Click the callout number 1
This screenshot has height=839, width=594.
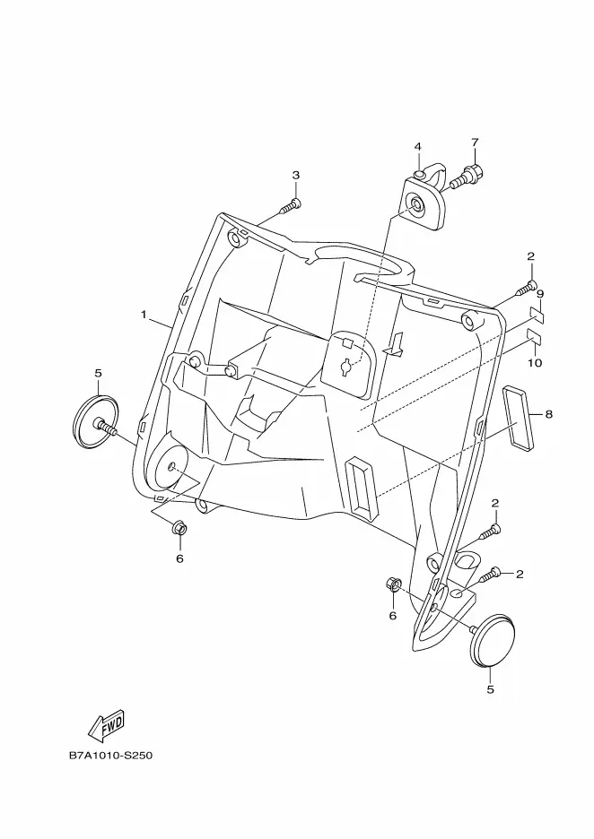click(x=143, y=315)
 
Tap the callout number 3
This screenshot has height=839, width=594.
click(x=295, y=175)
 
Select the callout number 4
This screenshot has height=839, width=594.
click(x=417, y=146)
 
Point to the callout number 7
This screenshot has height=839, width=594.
click(x=475, y=142)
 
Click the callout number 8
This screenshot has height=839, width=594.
click(x=548, y=414)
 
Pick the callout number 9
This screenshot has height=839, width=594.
click(x=540, y=294)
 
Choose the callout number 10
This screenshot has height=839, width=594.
click(x=535, y=363)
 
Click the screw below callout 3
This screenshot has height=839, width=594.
click(x=289, y=207)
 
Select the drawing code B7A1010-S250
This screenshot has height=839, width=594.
click(x=110, y=755)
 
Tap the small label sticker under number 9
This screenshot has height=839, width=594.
click(x=536, y=314)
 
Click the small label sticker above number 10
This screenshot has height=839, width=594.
click(x=532, y=338)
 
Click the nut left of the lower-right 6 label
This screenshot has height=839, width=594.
click(x=391, y=585)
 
